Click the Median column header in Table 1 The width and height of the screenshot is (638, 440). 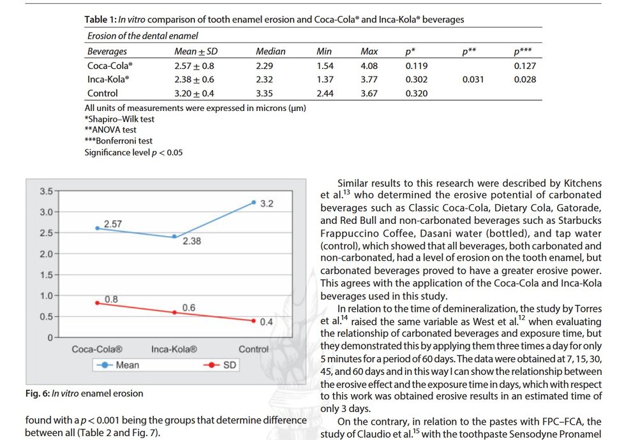(x=271, y=52)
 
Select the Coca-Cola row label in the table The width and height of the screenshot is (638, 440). (x=109, y=66)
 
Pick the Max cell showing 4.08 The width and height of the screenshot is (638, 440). (x=370, y=66)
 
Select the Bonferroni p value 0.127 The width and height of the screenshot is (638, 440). (x=524, y=66)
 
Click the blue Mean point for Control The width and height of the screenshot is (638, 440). (x=253, y=202)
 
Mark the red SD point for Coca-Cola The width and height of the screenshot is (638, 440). (x=97, y=303)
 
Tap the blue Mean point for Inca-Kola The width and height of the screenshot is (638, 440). (x=175, y=237)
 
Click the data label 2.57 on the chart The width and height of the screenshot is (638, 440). (x=112, y=224)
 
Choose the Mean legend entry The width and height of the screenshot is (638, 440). (x=127, y=365)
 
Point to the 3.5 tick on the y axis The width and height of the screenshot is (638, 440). (x=45, y=191)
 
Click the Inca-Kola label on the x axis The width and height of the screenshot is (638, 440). (x=174, y=349)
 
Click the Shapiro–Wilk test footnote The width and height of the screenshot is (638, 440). (x=119, y=119)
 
